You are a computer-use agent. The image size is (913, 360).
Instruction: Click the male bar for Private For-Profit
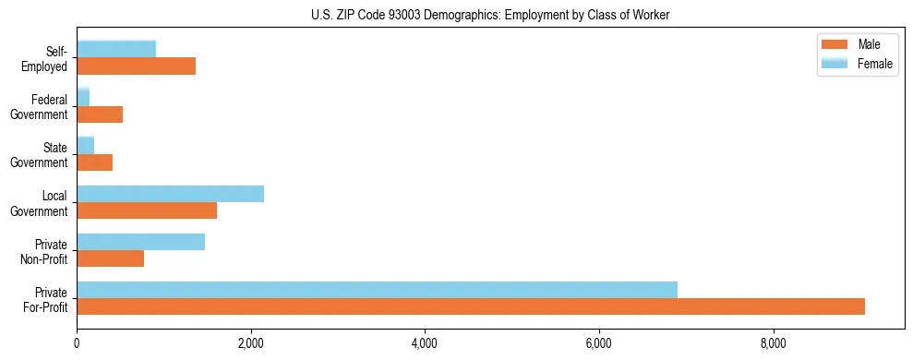coord(471,306)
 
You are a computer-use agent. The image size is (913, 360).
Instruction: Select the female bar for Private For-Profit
coord(377,290)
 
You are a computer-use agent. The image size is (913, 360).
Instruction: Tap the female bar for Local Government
coord(170,194)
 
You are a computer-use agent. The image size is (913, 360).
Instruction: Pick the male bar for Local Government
coord(147,210)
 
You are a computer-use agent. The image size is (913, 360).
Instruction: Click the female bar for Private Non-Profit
coord(140,242)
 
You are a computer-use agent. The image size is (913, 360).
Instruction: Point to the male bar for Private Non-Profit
coord(110,258)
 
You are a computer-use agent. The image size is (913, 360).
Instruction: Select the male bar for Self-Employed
coord(136,66)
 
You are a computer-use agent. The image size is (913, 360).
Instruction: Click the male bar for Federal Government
coord(100,114)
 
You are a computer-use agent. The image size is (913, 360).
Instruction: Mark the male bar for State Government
coord(94,162)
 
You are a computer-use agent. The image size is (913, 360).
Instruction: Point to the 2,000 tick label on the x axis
coord(251,343)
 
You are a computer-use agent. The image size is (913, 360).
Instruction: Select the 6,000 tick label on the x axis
coord(599,343)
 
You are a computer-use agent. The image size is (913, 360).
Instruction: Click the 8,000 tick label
coord(773,343)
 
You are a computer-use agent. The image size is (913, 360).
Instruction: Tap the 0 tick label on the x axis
coord(77,343)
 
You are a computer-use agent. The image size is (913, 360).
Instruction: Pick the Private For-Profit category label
coord(46,299)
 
